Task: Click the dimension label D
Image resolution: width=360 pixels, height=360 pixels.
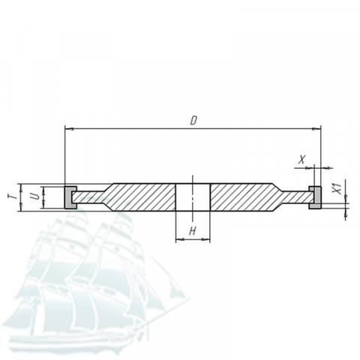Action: click(193, 121)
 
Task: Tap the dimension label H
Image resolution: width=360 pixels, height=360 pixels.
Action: click(192, 232)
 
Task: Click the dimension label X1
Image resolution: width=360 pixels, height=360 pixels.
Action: click(337, 188)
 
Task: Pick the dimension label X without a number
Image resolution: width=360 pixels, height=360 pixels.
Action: click(302, 159)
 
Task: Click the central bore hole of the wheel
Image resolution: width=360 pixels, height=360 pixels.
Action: click(193, 197)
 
